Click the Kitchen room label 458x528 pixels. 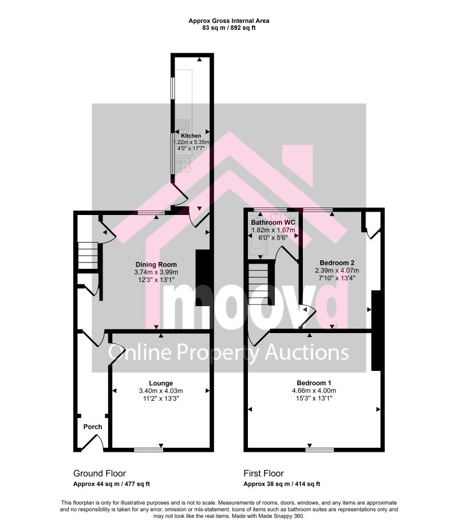[191, 136]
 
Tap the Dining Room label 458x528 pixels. [156, 265]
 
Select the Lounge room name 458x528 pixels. [161, 383]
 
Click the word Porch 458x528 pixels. [93, 427]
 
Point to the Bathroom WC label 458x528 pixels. [273, 222]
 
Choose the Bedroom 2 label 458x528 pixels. [337, 263]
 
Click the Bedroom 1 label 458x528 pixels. [314, 383]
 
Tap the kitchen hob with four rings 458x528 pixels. [184, 165]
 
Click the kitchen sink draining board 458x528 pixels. [183, 126]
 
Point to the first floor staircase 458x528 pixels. [258, 284]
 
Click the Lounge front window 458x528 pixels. [149, 449]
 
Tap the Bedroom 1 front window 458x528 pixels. [320, 449]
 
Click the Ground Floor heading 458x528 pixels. [100, 474]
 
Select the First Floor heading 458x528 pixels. [263, 474]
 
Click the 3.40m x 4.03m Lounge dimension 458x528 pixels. [161, 391]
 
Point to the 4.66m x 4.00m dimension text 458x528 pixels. [314, 390]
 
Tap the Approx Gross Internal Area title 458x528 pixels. [228, 21]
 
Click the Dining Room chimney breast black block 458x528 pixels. [203, 278]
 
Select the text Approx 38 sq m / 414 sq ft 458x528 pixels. [282, 484]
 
